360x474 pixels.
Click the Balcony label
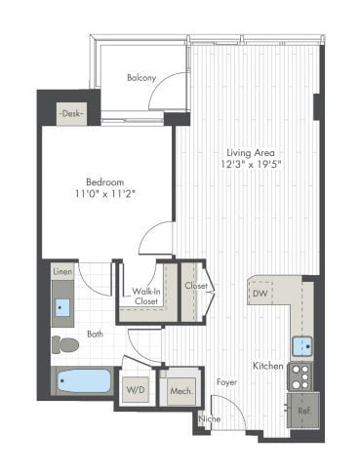142,78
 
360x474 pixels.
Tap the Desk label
70,114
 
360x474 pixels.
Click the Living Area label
250,153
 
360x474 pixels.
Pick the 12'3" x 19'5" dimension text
250,165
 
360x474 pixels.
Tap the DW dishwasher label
261,293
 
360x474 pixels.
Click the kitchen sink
302,344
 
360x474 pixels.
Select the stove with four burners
300,375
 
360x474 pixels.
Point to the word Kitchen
268,366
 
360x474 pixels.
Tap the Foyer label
227,382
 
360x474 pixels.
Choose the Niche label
208,418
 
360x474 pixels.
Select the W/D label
136,389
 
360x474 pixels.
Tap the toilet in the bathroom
66,343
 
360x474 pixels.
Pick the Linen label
62,272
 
